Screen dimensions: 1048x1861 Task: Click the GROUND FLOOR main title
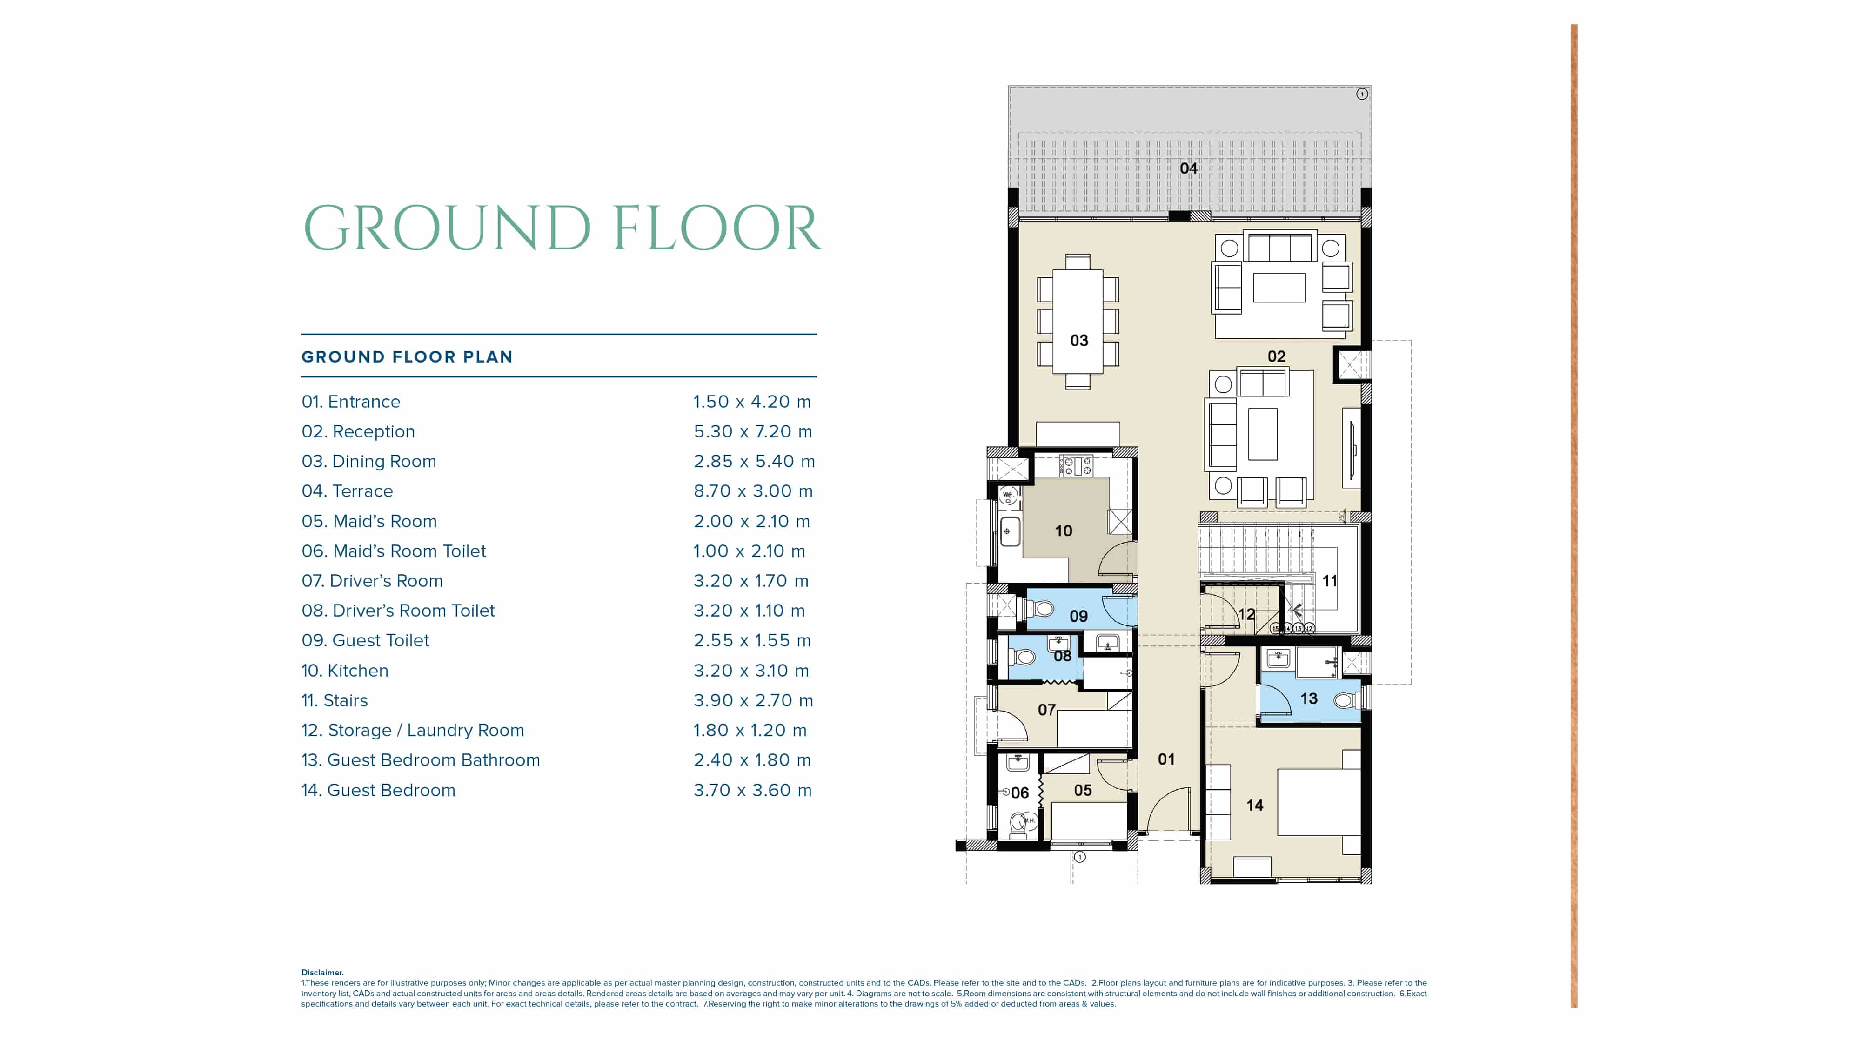click(563, 228)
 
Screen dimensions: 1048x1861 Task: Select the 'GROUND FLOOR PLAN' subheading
click(407, 357)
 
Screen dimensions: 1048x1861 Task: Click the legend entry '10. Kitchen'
click(345, 671)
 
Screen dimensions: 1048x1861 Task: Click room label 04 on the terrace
click(1188, 168)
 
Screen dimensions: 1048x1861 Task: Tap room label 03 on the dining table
click(1078, 341)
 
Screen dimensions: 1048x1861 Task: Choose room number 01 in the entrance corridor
click(1166, 759)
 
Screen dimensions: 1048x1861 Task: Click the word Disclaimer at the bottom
click(322, 973)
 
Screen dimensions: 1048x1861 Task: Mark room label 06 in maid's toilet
click(1019, 793)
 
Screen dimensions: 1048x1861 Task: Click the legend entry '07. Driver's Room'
click(372, 581)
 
